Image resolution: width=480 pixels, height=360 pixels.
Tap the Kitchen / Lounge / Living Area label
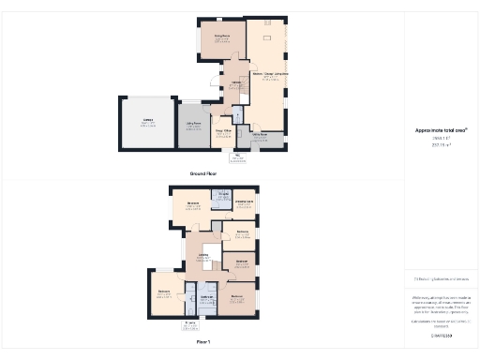tap(269, 74)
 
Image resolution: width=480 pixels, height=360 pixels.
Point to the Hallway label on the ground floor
tap(237, 83)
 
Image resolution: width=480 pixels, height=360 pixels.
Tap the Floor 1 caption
tap(203, 342)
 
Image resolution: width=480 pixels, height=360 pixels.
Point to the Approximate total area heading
tap(436, 131)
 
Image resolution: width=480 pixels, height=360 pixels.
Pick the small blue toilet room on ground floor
tap(237, 115)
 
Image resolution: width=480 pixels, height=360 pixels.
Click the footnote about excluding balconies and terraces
tap(441, 279)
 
